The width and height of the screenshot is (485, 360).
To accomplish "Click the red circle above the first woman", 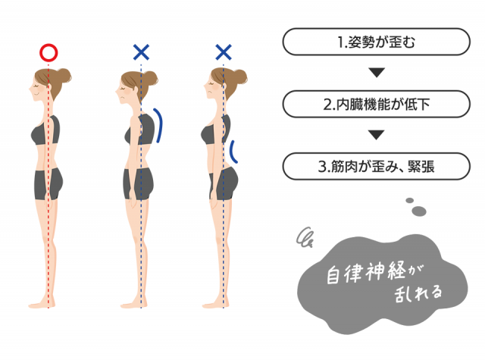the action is (x=48, y=52).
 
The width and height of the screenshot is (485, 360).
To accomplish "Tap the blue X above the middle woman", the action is (x=141, y=52).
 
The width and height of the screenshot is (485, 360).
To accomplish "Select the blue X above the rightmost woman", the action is (x=224, y=52).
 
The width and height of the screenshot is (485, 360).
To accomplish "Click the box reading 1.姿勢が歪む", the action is (x=377, y=42).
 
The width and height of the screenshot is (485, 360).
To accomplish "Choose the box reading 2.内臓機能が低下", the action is (x=377, y=104).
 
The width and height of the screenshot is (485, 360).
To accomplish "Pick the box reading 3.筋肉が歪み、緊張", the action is (x=377, y=166).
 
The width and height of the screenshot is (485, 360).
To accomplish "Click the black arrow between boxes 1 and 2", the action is (x=377, y=72).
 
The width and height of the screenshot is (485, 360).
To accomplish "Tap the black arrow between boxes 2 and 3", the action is (x=377, y=135).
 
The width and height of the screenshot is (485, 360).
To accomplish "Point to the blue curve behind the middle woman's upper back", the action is (x=158, y=125).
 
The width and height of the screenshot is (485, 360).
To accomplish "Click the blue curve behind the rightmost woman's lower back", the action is (x=233, y=152).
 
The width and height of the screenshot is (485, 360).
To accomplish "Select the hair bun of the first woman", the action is (x=64, y=76).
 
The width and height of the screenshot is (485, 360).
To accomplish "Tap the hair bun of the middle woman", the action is (x=150, y=79).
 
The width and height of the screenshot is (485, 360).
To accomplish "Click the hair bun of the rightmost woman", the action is (x=239, y=77).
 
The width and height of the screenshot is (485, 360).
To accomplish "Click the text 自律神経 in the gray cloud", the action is (x=365, y=272).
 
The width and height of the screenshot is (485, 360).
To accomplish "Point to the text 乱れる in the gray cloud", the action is (x=418, y=293).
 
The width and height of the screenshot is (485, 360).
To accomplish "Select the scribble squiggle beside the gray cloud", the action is (x=305, y=237).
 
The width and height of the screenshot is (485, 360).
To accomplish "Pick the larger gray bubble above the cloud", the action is (x=419, y=211).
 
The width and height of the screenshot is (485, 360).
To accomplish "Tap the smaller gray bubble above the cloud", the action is (x=409, y=200).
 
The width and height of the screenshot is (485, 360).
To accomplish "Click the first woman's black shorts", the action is (x=48, y=183).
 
